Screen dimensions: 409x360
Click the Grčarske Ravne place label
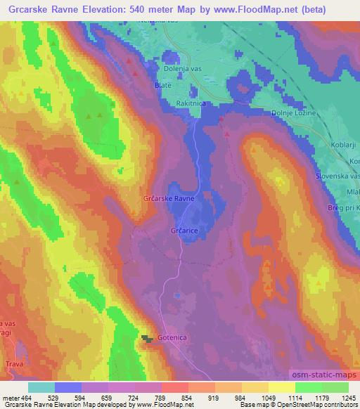tap(174, 199)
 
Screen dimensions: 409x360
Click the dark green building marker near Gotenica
tap(147, 339)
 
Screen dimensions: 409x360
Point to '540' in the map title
tap(141, 8)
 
